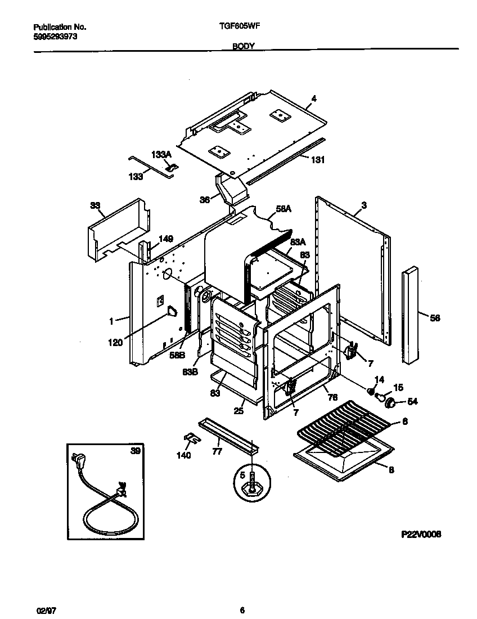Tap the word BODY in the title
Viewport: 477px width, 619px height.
[x=244, y=48]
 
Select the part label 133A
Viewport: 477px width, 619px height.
[x=161, y=154]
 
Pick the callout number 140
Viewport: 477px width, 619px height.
[x=184, y=455]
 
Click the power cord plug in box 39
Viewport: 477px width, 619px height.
[x=77, y=462]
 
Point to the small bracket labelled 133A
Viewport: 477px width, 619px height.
[x=173, y=167]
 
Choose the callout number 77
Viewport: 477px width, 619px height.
[x=217, y=451]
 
